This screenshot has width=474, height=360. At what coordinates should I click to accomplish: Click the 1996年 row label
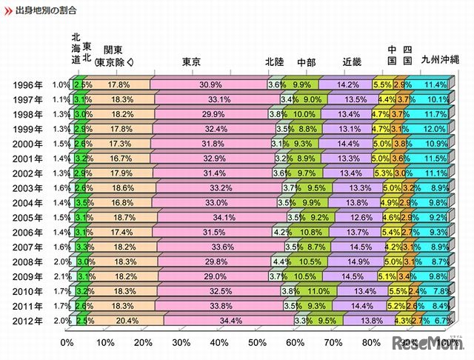pyautogui.click(x=28, y=85)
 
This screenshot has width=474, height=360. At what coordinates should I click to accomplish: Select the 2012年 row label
pyautogui.click(x=28, y=321)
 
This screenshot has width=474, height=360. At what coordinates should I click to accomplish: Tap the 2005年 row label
pyautogui.click(x=28, y=218)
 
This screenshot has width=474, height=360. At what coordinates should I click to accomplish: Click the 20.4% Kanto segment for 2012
pyautogui.click(x=118, y=321)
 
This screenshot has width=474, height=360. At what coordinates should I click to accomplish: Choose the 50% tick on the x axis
pyautogui.click(x=257, y=343)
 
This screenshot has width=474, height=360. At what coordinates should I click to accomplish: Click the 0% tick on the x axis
pyautogui.click(x=67, y=343)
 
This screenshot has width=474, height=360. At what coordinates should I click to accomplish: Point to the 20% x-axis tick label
pyautogui.click(x=143, y=343)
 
